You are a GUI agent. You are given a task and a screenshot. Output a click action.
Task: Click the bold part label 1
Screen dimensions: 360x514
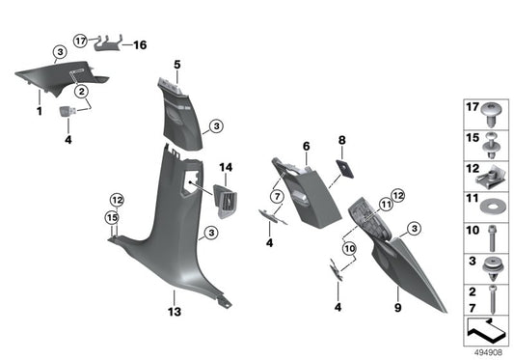(x=40, y=113)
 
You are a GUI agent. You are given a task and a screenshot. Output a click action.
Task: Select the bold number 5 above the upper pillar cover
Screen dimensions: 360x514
(x=177, y=65)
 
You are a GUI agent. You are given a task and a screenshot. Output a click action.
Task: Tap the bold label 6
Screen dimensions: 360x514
(x=306, y=146)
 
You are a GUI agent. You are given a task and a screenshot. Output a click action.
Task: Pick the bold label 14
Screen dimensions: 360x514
(x=227, y=168)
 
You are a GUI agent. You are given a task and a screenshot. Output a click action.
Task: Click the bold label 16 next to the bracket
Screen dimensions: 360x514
(x=140, y=44)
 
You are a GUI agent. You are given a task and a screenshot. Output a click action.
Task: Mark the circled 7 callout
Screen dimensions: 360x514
(x=277, y=197)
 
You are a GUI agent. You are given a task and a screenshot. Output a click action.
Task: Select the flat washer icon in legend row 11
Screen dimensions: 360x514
(x=492, y=202)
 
